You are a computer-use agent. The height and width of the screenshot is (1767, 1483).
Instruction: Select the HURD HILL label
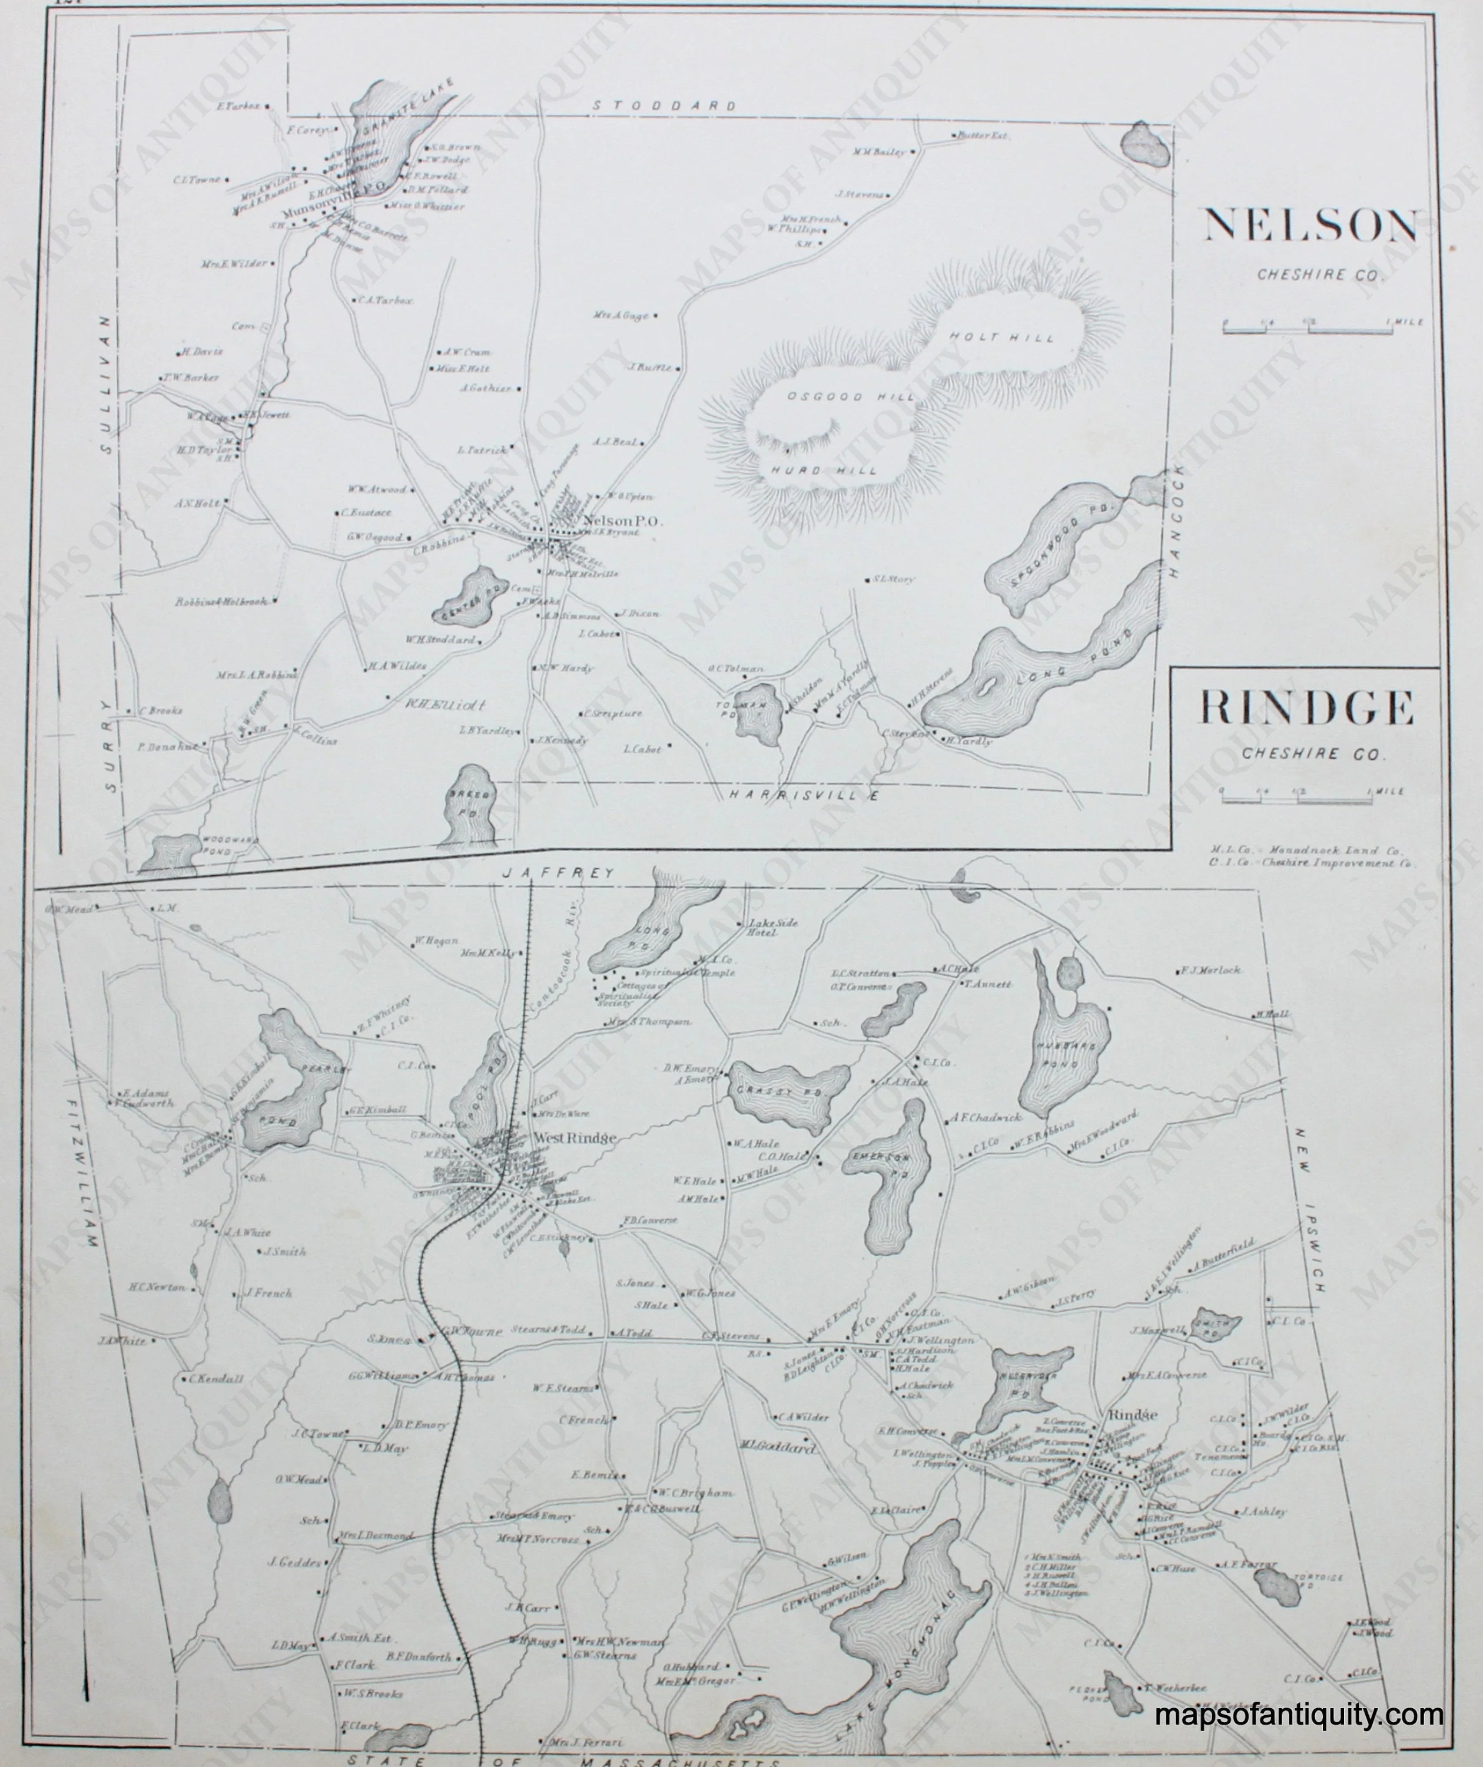tap(824, 471)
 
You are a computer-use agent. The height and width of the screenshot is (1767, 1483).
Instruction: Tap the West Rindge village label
tap(575, 1137)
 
